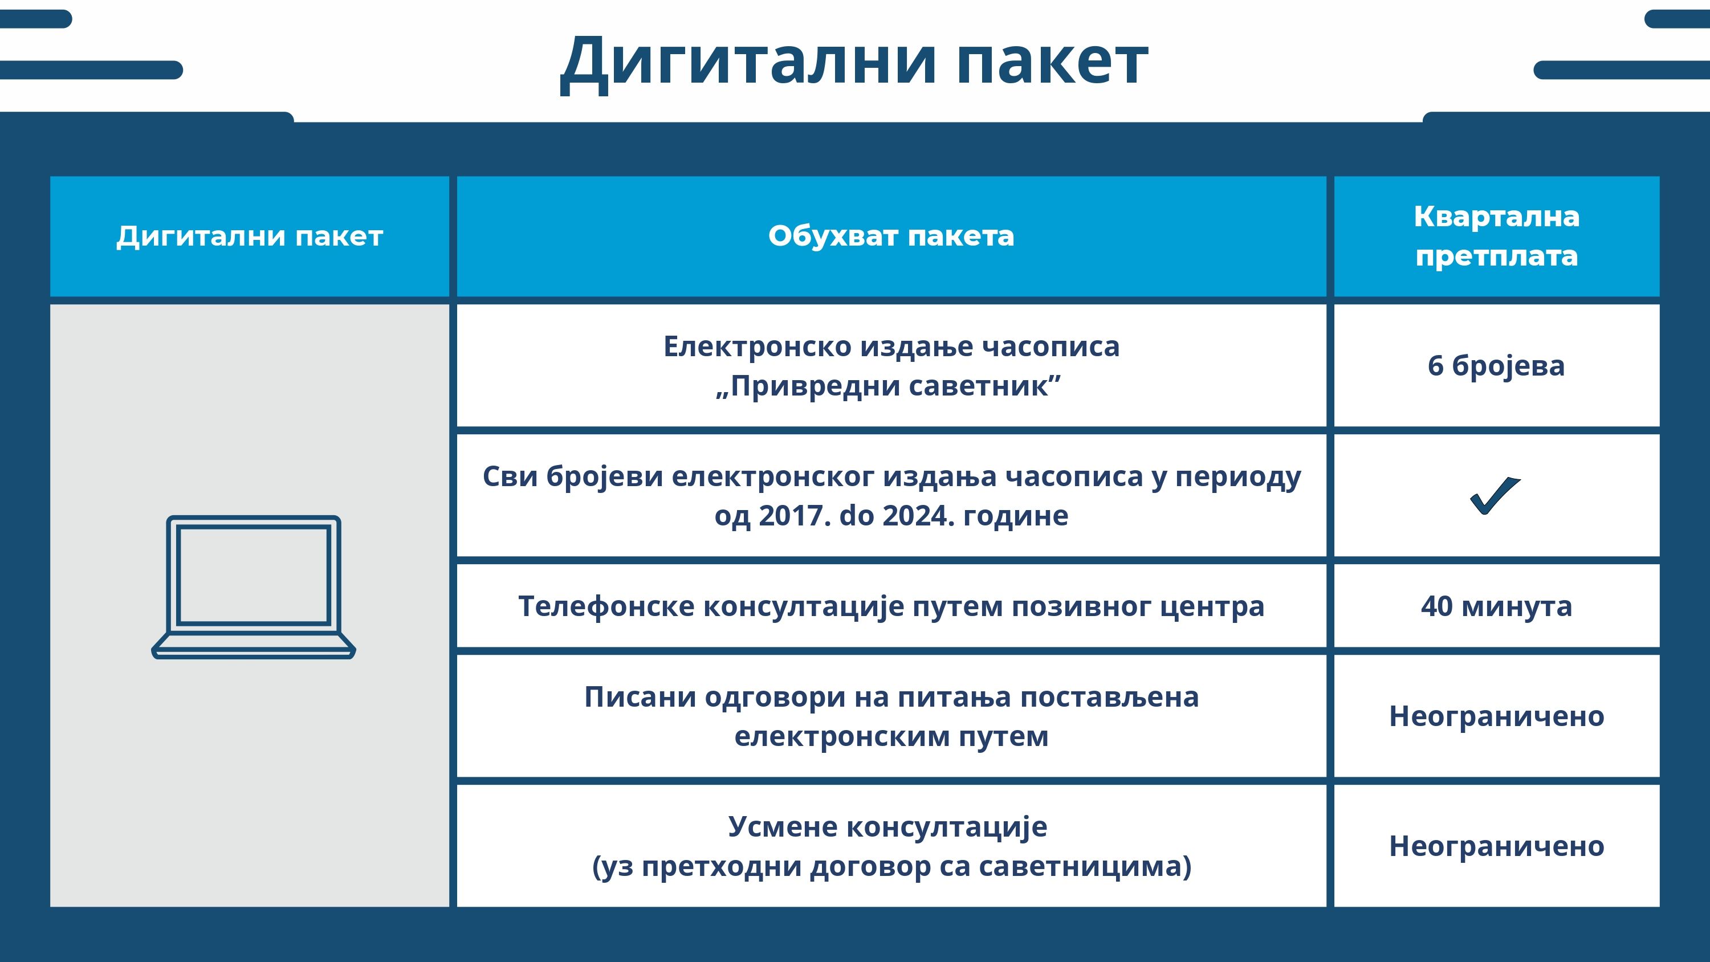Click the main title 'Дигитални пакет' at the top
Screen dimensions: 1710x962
point(854,63)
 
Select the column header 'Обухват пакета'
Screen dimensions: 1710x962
point(891,236)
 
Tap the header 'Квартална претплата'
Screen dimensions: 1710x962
point(1496,236)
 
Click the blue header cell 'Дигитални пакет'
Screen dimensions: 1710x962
point(250,237)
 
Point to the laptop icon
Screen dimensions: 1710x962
point(254,587)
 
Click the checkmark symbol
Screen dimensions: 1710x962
point(1495,495)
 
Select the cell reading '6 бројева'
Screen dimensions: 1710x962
point(1496,366)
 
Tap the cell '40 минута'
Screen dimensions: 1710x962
point(1496,606)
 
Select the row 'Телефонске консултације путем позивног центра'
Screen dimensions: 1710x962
point(891,606)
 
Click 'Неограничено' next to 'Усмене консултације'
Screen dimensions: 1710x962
point(1496,846)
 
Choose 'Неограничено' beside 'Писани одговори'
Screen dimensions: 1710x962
point(1496,716)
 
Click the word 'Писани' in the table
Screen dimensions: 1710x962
point(640,697)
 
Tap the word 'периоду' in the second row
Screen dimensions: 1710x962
point(1238,476)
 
